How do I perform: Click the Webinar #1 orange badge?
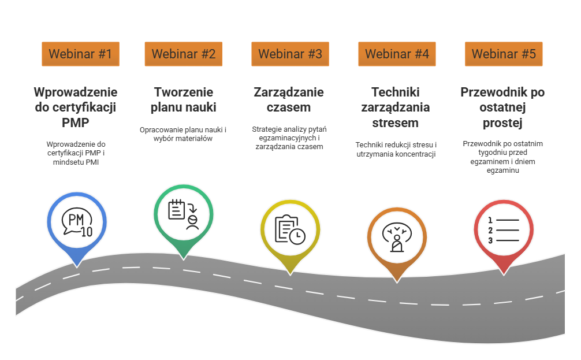pyautogui.click(x=80, y=54)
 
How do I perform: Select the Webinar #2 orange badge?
pyautogui.click(x=183, y=54)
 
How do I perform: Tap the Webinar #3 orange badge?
pyautogui.click(x=290, y=54)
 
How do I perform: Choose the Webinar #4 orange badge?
pyautogui.click(x=397, y=54)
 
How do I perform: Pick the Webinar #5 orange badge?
pyautogui.click(x=504, y=54)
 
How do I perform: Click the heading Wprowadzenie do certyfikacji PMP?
pyautogui.click(x=76, y=107)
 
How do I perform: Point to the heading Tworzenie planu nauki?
pyautogui.click(x=183, y=99)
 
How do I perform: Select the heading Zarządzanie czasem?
pyautogui.click(x=289, y=99)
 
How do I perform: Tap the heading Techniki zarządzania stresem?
pyautogui.click(x=396, y=107)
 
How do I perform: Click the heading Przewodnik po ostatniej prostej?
pyautogui.click(x=502, y=107)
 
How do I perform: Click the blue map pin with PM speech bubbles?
pyautogui.click(x=76, y=222)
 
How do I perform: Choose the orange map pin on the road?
pyautogui.click(x=397, y=237)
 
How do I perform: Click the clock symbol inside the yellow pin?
pyautogui.click(x=297, y=236)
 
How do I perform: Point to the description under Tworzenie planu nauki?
pyautogui.click(x=183, y=134)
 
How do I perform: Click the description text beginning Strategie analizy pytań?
pyautogui.click(x=289, y=138)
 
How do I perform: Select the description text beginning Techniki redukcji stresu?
pyautogui.click(x=396, y=149)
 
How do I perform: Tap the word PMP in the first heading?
pyautogui.click(x=75, y=123)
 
